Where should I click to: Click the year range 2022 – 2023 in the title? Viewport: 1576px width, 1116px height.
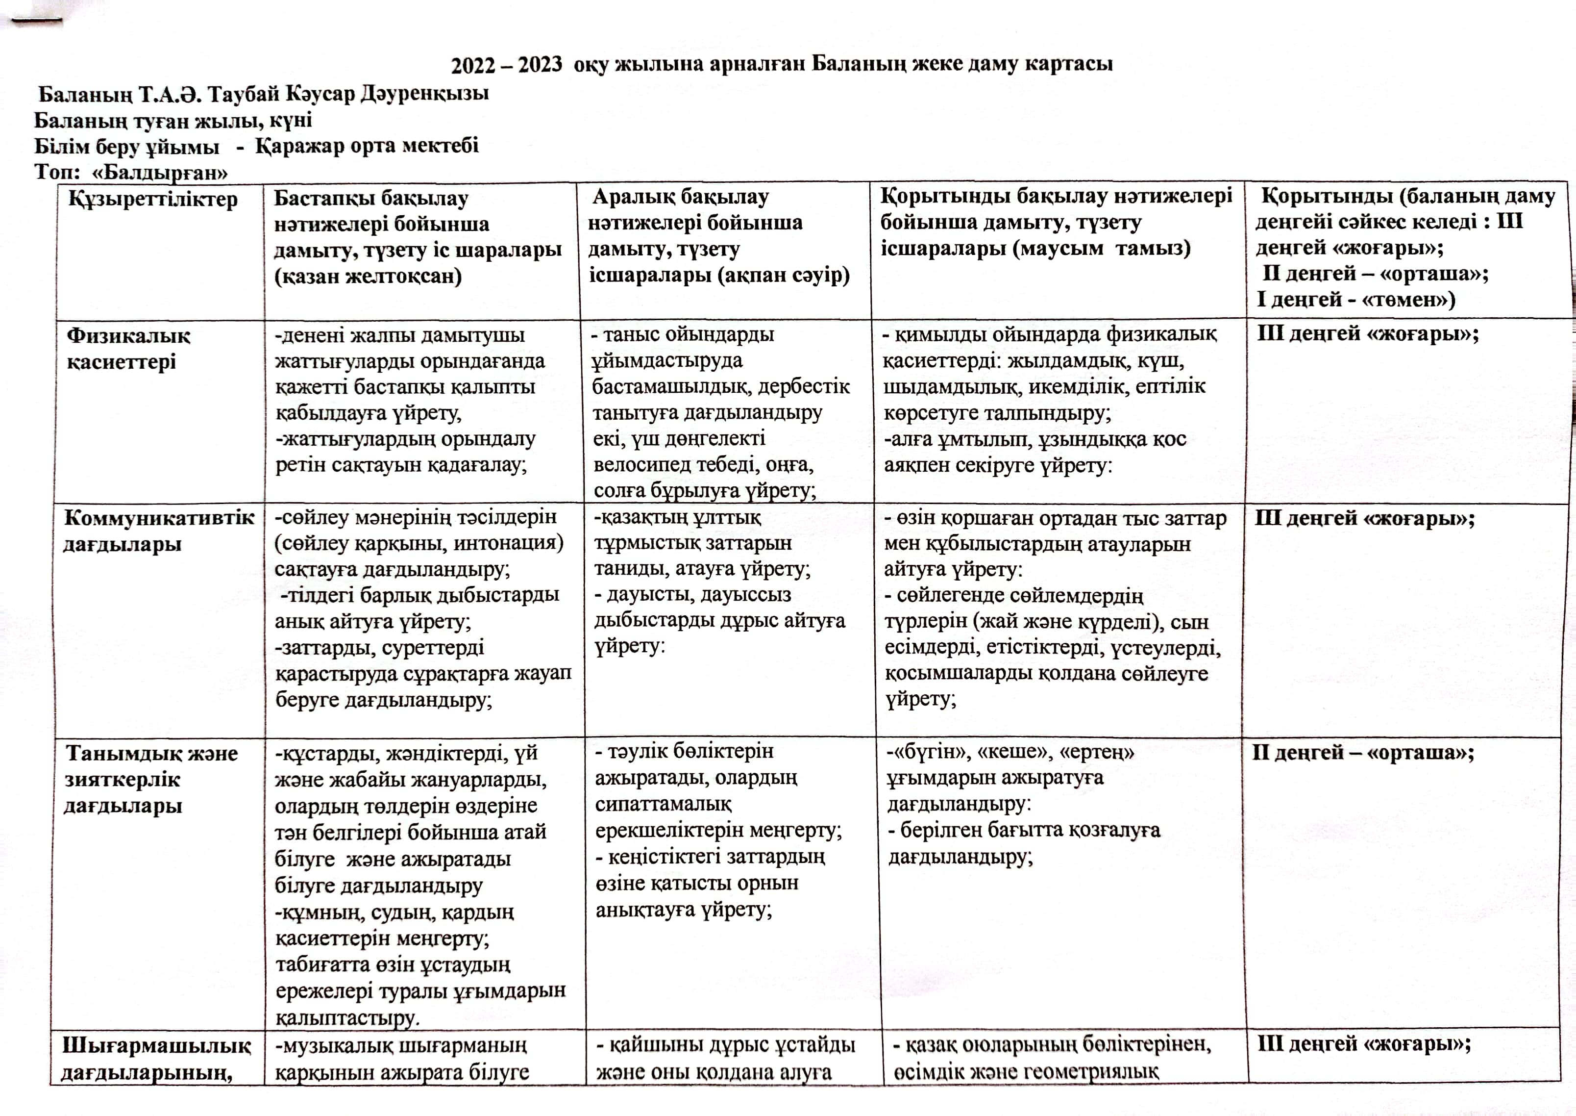pos(506,65)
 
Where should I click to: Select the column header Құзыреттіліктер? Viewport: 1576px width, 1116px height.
pos(152,199)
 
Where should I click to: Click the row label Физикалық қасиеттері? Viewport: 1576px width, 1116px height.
pos(128,349)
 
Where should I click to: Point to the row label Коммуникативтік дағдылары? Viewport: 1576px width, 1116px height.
pos(159,531)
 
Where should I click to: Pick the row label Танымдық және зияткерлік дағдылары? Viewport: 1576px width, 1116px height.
pos(151,779)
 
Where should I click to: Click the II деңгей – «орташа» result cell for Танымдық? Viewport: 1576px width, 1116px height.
pos(1362,753)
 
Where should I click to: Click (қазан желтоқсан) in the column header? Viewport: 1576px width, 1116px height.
pos(368,276)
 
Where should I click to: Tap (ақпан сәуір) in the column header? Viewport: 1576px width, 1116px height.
pos(719,275)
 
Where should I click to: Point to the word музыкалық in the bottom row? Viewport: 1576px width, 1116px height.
pos(335,1046)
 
